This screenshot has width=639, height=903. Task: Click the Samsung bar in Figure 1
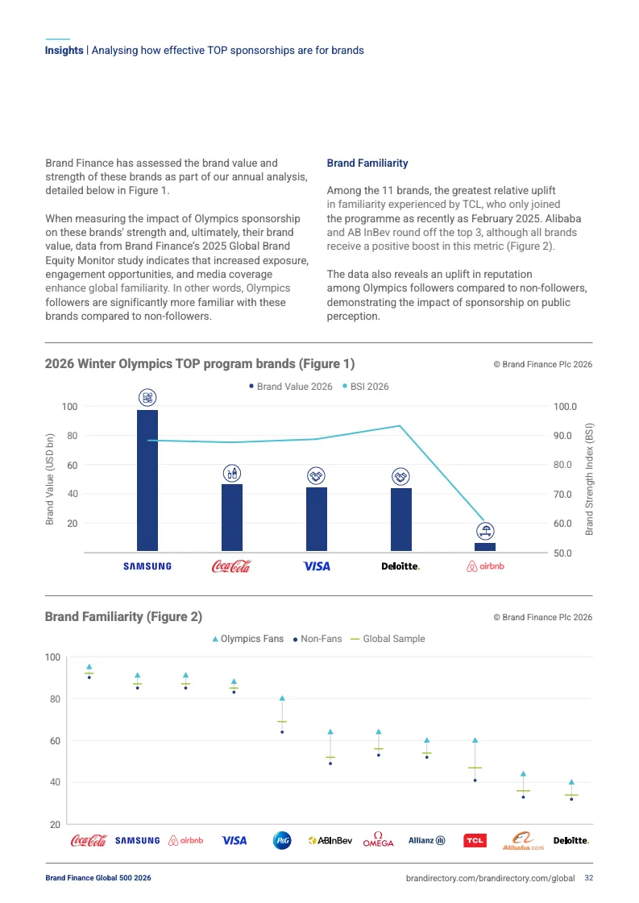(147, 480)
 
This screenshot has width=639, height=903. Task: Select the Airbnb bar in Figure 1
(485, 547)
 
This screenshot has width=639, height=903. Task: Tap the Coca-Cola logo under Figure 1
(231, 566)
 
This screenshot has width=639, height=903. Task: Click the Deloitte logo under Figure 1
(400, 566)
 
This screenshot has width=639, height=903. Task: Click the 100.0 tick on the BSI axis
(566, 407)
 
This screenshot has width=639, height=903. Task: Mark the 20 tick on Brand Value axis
(72, 524)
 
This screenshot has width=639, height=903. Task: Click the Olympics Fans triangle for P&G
(282, 698)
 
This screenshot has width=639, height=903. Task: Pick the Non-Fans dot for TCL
(475, 781)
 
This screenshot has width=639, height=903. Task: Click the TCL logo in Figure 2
(475, 841)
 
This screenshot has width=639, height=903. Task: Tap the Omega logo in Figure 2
(378, 839)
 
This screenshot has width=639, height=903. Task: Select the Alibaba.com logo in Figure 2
(524, 841)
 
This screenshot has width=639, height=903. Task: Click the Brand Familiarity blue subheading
(367, 164)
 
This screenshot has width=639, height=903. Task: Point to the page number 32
(589, 878)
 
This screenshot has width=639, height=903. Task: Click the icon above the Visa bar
(316, 475)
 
